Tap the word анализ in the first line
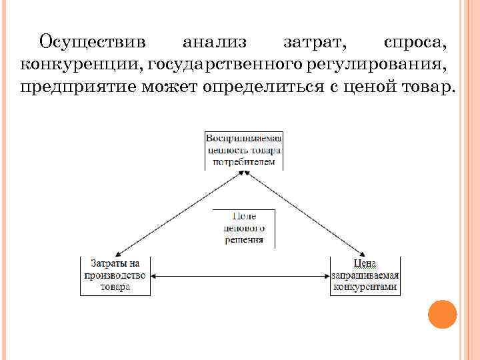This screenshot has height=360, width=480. (x=214, y=42)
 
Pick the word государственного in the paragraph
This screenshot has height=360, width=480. (x=226, y=65)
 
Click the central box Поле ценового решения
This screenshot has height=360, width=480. (x=244, y=228)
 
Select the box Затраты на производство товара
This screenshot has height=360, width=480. (x=115, y=275)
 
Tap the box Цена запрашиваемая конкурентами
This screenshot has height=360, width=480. (x=365, y=275)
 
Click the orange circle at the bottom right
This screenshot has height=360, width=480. (x=442, y=314)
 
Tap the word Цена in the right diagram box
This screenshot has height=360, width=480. (x=365, y=264)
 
